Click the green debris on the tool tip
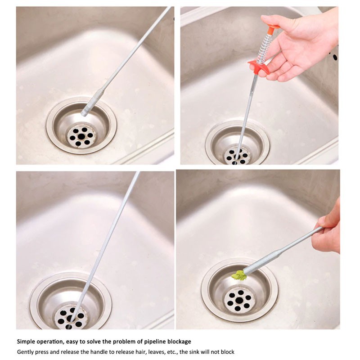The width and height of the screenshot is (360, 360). [239, 275]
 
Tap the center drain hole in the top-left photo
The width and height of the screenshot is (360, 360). [81, 137]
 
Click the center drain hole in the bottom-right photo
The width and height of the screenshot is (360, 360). [239, 300]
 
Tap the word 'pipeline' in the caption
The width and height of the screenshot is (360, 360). [154, 342]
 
